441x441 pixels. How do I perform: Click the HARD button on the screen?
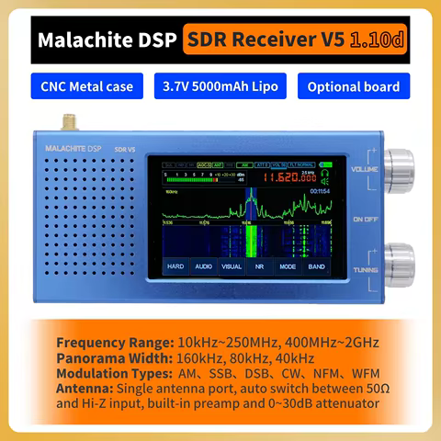click(175, 266)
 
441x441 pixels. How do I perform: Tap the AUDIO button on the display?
click(203, 266)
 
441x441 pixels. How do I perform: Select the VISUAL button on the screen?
click(232, 266)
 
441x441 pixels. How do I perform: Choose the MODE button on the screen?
click(288, 266)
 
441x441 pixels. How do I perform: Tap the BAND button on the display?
click(316, 266)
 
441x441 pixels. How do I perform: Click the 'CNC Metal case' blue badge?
click(87, 86)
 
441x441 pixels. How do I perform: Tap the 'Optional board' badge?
click(353, 86)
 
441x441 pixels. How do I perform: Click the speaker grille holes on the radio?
click(92, 220)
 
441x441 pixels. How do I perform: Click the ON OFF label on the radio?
click(363, 219)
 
